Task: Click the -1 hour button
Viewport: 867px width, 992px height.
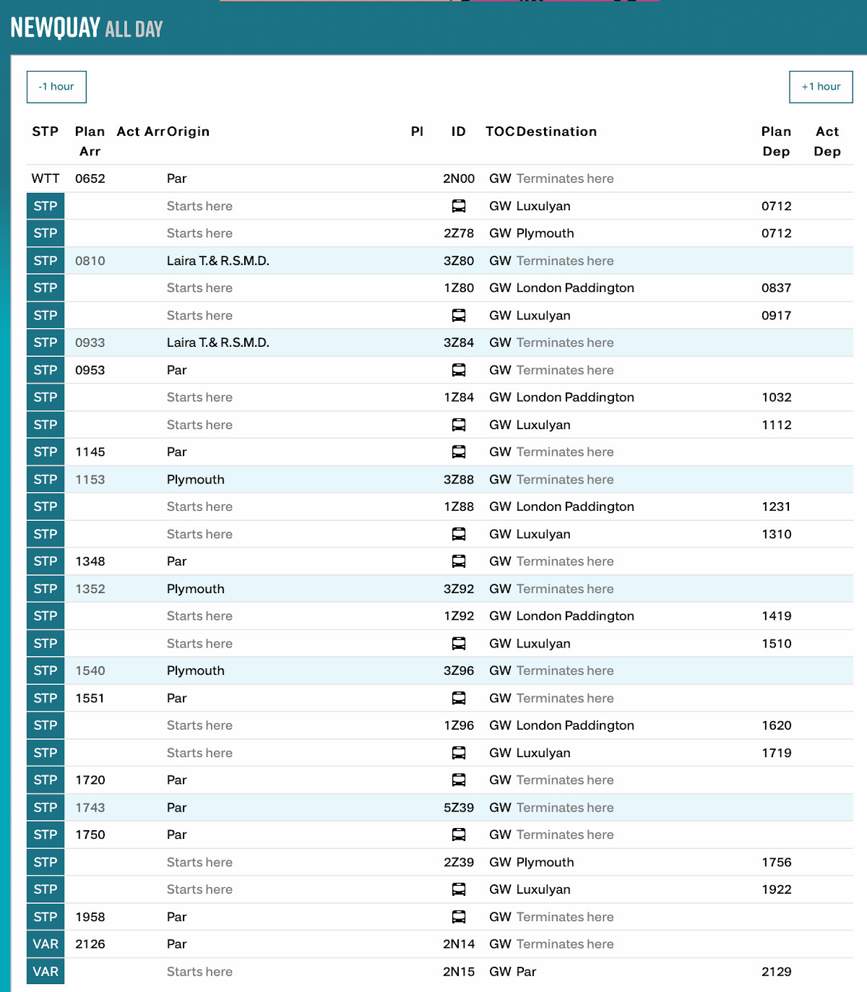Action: pyautogui.click(x=56, y=87)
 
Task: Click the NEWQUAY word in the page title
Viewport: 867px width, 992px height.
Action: pyautogui.click(x=55, y=27)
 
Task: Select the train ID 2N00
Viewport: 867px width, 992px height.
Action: pyautogui.click(x=459, y=178)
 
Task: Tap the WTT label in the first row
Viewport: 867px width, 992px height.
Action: pyautogui.click(x=46, y=178)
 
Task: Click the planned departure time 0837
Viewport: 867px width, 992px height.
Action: pyautogui.click(x=776, y=288)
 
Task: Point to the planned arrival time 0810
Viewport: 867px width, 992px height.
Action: pyautogui.click(x=90, y=261)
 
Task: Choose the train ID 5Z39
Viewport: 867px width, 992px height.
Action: pyautogui.click(x=459, y=808)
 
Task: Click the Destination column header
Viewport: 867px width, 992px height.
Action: pyautogui.click(x=556, y=131)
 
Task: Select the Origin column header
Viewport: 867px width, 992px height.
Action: pyautogui.click(x=188, y=131)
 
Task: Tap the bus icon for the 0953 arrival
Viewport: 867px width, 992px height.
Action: pyautogui.click(x=459, y=370)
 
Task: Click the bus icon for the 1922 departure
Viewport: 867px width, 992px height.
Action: pyautogui.click(x=459, y=889)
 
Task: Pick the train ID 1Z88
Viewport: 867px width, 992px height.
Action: pyautogui.click(x=459, y=506)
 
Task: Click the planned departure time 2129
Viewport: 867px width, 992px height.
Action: pyautogui.click(x=776, y=972)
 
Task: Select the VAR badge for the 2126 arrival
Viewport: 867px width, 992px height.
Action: pyautogui.click(x=46, y=944)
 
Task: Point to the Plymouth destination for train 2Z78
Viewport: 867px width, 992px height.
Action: pyautogui.click(x=545, y=233)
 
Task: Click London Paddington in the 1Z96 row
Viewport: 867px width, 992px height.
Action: pyautogui.click(x=575, y=725)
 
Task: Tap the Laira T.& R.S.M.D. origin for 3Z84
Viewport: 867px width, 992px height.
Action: pyautogui.click(x=217, y=342)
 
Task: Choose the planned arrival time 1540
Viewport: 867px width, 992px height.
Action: pyautogui.click(x=90, y=670)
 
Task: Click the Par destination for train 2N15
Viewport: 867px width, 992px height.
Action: pyautogui.click(x=526, y=972)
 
